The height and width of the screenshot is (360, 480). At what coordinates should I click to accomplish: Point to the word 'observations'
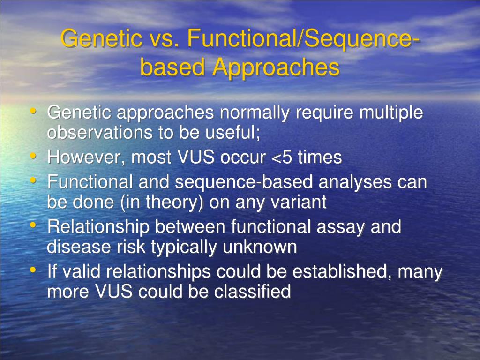point(100,133)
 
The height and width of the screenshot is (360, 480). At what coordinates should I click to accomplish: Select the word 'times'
point(320,157)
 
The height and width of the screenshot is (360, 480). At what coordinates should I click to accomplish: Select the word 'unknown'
point(260,247)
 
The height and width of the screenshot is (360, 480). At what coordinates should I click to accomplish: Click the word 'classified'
point(252,292)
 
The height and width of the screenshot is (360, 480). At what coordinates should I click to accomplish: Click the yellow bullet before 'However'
point(33,156)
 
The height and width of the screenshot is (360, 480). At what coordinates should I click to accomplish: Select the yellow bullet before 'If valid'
point(33,270)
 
